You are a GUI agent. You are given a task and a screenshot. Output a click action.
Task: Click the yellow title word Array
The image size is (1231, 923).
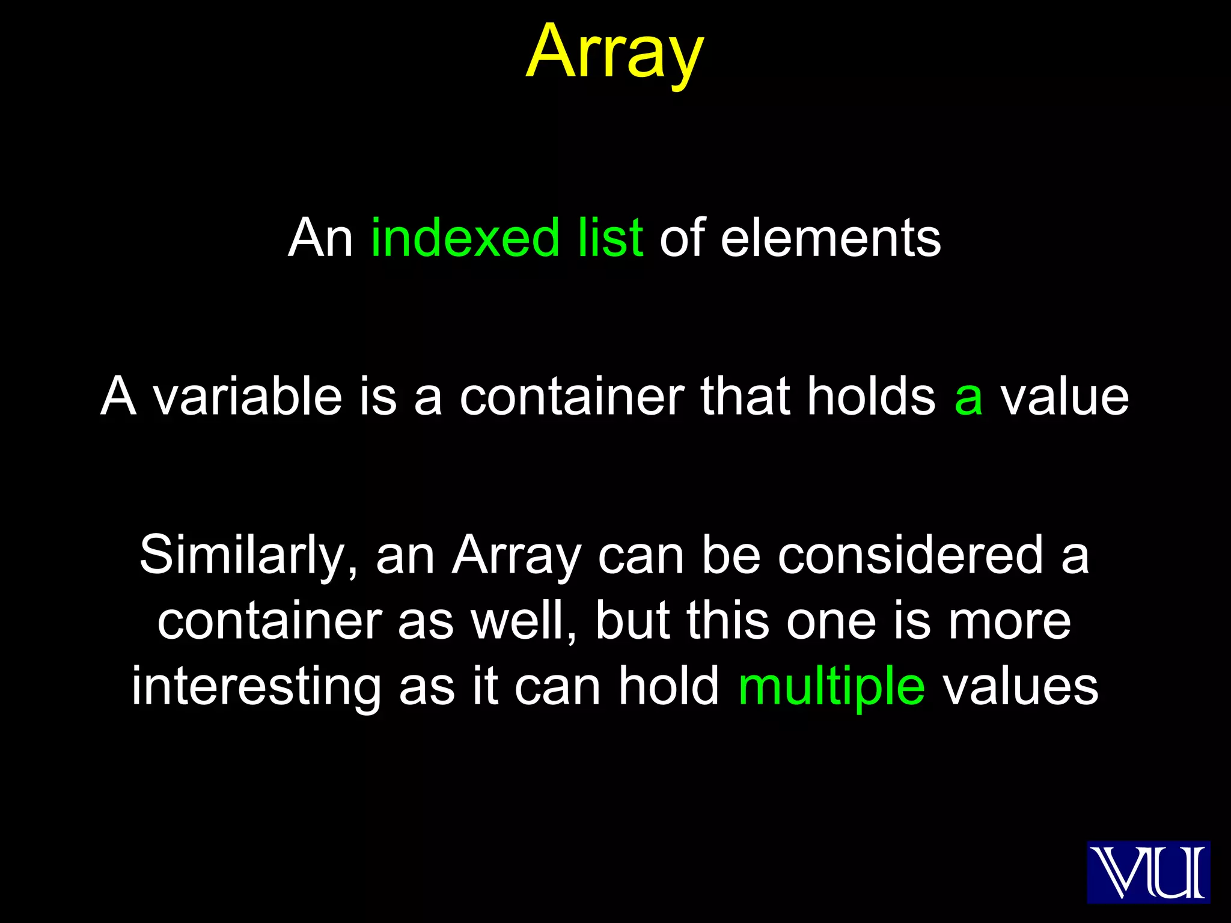coord(614,53)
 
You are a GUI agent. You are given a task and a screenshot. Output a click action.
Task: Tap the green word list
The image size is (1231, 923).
coord(610,238)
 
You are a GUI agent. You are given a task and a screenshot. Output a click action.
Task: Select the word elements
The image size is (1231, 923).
coord(830,238)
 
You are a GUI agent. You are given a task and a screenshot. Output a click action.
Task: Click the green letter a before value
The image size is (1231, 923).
coord(968,398)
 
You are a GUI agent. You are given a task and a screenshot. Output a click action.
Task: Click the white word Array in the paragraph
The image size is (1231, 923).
coord(517,556)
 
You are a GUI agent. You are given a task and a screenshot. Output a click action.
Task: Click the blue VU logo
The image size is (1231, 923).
coord(1148,872)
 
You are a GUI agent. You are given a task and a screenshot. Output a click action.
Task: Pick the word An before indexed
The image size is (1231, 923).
coord(320,238)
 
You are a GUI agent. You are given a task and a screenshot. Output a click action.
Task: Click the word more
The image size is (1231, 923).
coord(1009,622)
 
